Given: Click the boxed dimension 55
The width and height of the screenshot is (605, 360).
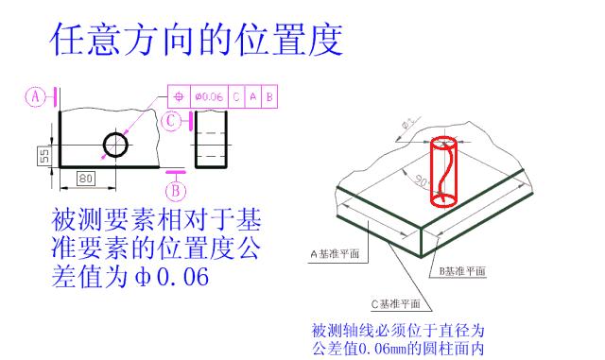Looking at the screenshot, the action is pyautogui.click(x=43, y=154).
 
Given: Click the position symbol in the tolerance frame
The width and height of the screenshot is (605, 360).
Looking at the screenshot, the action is pyautogui.click(x=179, y=96).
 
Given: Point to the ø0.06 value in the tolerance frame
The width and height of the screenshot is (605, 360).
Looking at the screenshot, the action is pyautogui.click(x=208, y=96).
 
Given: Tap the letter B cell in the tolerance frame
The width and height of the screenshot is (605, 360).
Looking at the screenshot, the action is pyautogui.click(x=269, y=96).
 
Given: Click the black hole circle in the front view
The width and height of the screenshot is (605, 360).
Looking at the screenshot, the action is pyautogui.click(x=116, y=145).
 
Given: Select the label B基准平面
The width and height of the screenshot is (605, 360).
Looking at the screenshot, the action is pyautogui.click(x=461, y=271).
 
